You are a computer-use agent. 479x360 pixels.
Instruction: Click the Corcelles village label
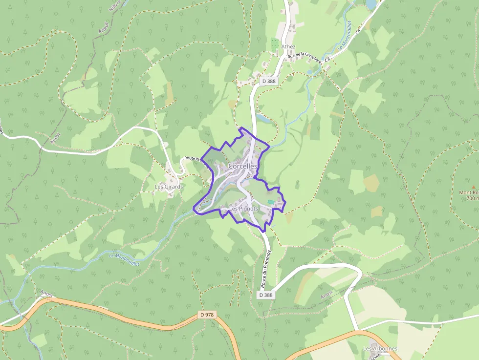tap(243, 166)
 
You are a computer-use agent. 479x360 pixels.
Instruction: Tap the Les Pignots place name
tap(243, 209)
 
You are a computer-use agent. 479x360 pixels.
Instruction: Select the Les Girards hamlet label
tap(169, 187)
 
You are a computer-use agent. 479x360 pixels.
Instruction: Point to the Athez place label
tap(288, 47)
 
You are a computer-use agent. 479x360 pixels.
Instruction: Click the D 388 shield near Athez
tap(268, 82)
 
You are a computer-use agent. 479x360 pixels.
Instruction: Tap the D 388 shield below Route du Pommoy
tap(266, 295)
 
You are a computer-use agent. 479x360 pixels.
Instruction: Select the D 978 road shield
tap(207, 315)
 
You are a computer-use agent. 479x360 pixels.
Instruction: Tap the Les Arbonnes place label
tap(380, 349)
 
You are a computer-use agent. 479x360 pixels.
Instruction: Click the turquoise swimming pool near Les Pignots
tap(271, 202)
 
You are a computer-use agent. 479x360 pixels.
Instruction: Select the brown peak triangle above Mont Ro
tap(473, 187)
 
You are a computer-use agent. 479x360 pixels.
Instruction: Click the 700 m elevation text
tap(472, 198)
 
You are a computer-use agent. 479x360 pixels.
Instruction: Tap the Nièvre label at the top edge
tap(115, 6)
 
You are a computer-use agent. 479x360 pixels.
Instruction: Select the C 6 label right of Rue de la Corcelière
tap(327, 59)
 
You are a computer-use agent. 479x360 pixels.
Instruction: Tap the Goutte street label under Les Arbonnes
tap(376, 356)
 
